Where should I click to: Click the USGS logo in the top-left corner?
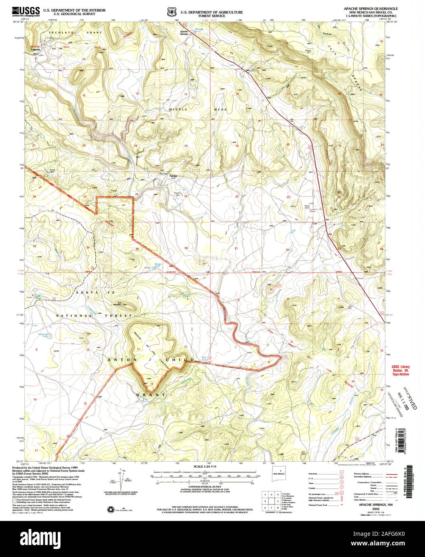[x=26, y=11]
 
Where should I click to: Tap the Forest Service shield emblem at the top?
[x=171, y=12]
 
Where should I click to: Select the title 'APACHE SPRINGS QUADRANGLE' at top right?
[x=371, y=8]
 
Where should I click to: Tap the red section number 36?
[x=186, y=248]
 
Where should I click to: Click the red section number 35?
[x=137, y=249]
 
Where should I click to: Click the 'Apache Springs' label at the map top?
[x=183, y=33]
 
